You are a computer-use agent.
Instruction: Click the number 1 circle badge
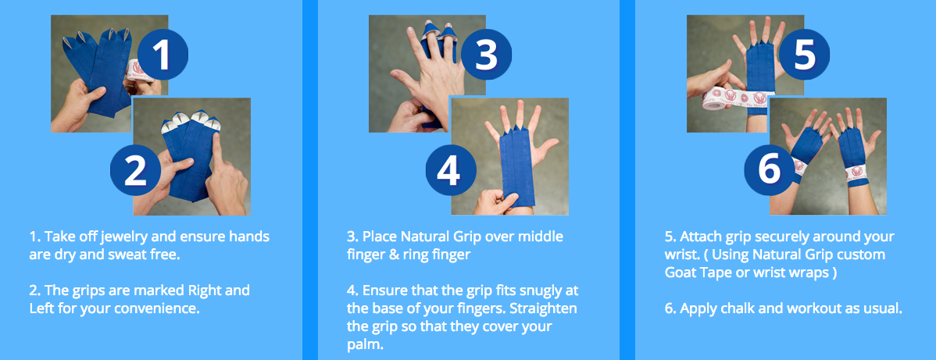click(163, 55)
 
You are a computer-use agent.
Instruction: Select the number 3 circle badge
click(486, 55)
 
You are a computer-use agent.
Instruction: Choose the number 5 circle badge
click(804, 55)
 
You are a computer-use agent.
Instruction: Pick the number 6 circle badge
click(770, 170)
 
